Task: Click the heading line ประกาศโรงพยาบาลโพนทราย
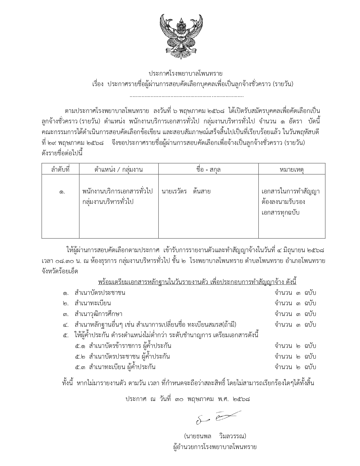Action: point(186,74)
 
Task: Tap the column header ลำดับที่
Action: point(60,169)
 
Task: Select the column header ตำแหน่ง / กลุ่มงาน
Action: point(119,169)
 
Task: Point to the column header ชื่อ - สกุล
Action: point(208,169)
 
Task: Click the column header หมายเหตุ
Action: point(291,169)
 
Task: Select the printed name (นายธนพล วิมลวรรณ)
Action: point(215,436)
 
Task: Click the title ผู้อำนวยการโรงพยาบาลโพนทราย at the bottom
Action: point(215,447)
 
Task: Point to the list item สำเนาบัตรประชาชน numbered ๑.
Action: point(100,293)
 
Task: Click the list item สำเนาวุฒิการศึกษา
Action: point(98,314)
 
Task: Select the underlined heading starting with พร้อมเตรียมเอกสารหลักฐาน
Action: point(197,282)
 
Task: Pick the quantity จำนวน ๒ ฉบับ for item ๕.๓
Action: point(295,367)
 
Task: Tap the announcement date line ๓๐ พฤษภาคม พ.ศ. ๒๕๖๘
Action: point(188,399)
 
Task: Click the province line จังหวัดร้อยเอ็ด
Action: point(60,271)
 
